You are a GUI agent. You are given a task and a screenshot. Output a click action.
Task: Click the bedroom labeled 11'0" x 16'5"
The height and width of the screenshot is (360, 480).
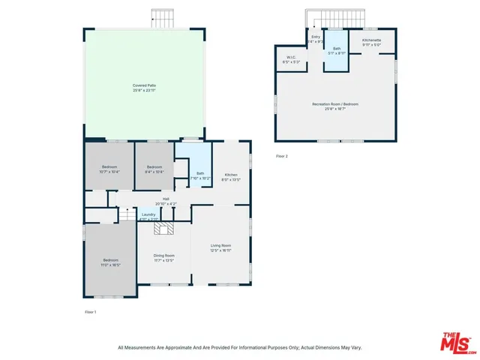[109, 261]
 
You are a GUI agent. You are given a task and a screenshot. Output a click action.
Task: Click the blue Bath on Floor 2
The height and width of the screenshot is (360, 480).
[336, 51]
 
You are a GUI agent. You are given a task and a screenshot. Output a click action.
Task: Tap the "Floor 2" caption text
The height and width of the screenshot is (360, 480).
[282, 156]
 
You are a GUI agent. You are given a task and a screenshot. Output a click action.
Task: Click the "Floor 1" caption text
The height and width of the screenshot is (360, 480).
[90, 311]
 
